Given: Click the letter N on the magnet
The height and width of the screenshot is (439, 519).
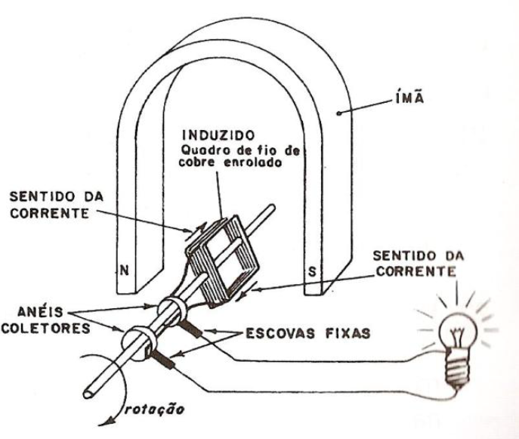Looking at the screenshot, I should point(122,268).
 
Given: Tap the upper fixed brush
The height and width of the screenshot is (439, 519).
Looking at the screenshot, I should point(192,329).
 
